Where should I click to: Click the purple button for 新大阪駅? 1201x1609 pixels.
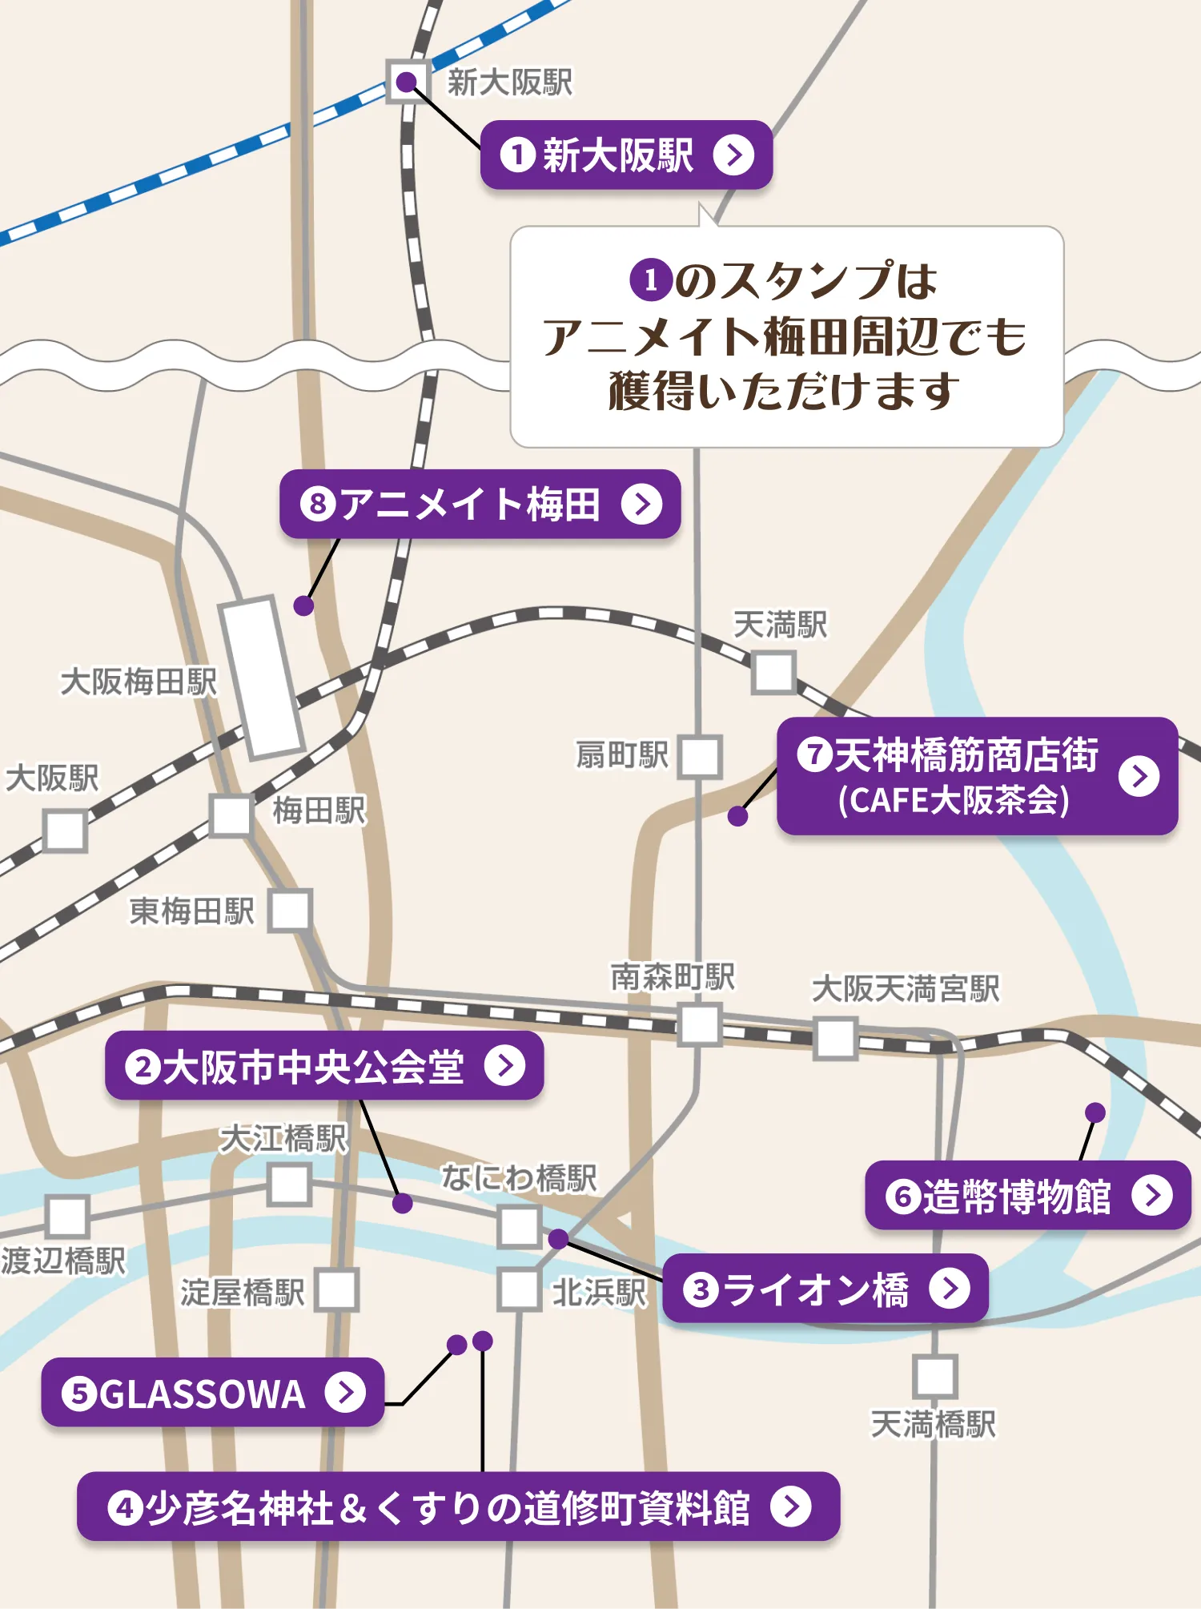tap(625, 155)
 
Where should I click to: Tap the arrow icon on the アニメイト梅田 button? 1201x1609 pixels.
tap(642, 505)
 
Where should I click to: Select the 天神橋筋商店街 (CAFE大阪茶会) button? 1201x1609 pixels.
tap(977, 776)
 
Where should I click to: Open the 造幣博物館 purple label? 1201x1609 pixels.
tap(1027, 1196)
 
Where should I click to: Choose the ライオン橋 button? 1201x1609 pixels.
tap(825, 1289)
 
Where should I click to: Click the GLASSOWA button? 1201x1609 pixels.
tap(212, 1393)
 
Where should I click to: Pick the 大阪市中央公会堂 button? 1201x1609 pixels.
tap(323, 1066)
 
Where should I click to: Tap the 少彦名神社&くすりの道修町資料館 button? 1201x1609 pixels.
tap(458, 1506)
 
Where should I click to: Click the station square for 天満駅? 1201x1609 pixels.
tap(773, 672)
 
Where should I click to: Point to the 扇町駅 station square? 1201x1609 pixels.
tap(700, 757)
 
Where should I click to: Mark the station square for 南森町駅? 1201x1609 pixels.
tap(700, 1025)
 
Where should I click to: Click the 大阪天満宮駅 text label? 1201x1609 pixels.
tap(906, 989)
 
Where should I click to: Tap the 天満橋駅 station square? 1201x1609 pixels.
tap(934, 1376)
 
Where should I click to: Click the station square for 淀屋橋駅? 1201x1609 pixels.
tap(336, 1289)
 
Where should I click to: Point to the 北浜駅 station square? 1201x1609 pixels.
tap(519, 1289)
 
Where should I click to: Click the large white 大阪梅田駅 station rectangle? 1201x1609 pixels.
tap(262, 678)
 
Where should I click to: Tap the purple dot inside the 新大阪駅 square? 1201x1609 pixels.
tap(407, 82)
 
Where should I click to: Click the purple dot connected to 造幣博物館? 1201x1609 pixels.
tap(1095, 1112)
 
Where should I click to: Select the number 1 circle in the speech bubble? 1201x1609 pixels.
tap(650, 280)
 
